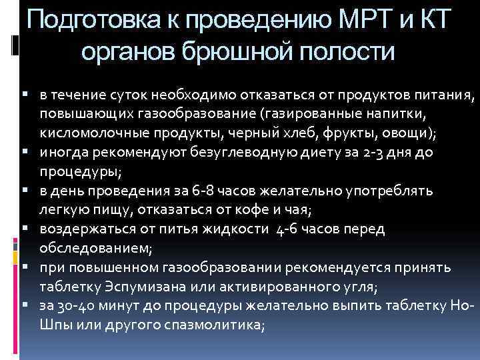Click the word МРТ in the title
pyautogui.click(x=366, y=19)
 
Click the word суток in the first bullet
pyautogui.click(x=128, y=95)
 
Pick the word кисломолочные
pyautogui.click(x=95, y=133)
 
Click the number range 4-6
pyautogui.click(x=287, y=229)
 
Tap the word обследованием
pyautogui.click(x=95, y=248)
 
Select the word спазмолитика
pyautogui.click(x=213, y=325)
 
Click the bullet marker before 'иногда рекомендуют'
pyautogui.click(x=25, y=151)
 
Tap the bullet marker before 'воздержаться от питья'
pyautogui.click(x=25, y=227)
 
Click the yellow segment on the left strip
pyautogui.click(x=15, y=258)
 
